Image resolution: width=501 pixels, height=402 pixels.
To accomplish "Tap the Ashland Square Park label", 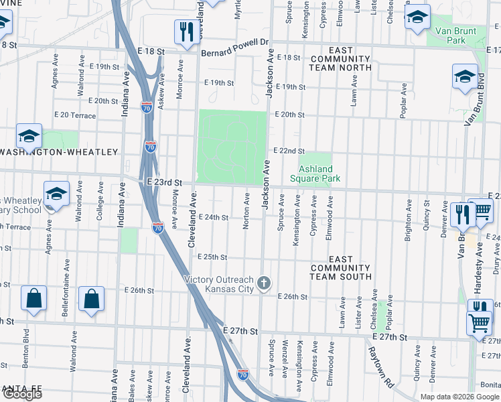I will coord(315,174).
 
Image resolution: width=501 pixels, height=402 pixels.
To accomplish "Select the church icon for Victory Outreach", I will coord(265,283).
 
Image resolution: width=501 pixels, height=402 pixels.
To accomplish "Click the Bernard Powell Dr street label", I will coord(234,42).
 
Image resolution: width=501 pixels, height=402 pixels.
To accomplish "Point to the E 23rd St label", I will coord(161,182).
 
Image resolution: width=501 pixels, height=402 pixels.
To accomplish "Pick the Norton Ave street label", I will coord(246,211).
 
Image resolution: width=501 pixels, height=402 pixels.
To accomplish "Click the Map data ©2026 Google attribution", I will coord(459,397).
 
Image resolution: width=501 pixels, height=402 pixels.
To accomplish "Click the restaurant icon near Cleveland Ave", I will coord(184,31).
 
